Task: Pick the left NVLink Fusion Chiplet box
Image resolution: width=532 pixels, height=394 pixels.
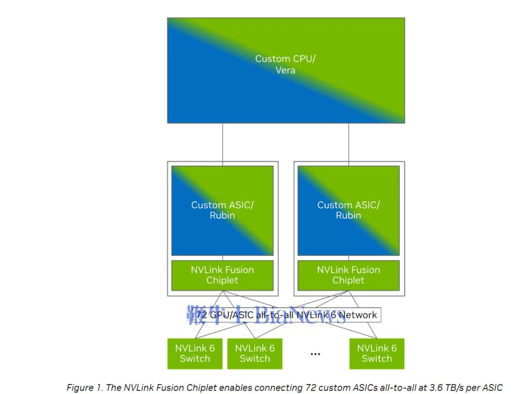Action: pyautogui.click(x=222, y=275)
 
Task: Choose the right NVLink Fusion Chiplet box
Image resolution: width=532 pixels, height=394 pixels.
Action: pyautogui.click(x=349, y=275)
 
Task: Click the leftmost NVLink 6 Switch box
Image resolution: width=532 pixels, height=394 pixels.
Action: pyautogui.click(x=195, y=353)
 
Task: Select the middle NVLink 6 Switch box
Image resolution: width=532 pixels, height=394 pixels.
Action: pyautogui.click(x=255, y=353)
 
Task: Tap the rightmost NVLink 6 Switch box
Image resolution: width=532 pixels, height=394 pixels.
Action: pyautogui.click(x=377, y=353)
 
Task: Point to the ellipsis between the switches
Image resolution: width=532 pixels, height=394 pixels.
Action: pyautogui.click(x=316, y=354)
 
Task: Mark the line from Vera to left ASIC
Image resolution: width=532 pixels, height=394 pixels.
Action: pyautogui.click(x=223, y=142)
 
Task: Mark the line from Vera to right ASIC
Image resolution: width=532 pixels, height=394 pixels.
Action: pyautogui.click(x=349, y=142)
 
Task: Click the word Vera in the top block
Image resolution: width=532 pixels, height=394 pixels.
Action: pyautogui.click(x=286, y=70)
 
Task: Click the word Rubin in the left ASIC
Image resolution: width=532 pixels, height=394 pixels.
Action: pyautogui.click(x=222, y=215)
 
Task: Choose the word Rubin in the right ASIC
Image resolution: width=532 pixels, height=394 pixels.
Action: pyautogui.click(x=349, y=215)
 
